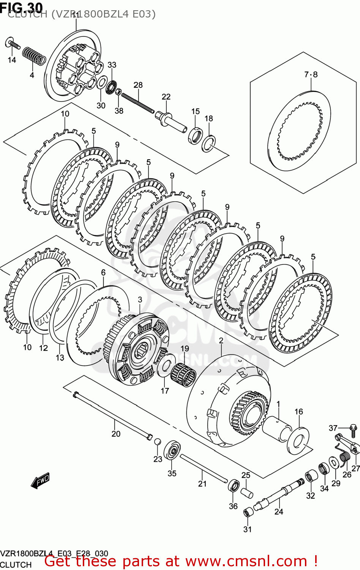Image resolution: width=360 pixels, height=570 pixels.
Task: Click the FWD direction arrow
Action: click(40, 481)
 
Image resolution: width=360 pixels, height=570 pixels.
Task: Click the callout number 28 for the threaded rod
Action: click(138, 85)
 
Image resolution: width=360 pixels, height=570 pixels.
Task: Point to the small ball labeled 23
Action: click(157, 441)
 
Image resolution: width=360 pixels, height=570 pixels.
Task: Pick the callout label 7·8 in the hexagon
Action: click(311, 74)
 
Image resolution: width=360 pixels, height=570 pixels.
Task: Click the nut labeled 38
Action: click(118, 92)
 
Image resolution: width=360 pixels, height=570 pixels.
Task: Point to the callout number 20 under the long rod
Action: click(116, 434)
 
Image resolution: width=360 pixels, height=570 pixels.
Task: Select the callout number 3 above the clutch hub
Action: click(140, 299)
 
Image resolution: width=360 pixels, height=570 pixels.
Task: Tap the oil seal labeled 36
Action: click(234, 486)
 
